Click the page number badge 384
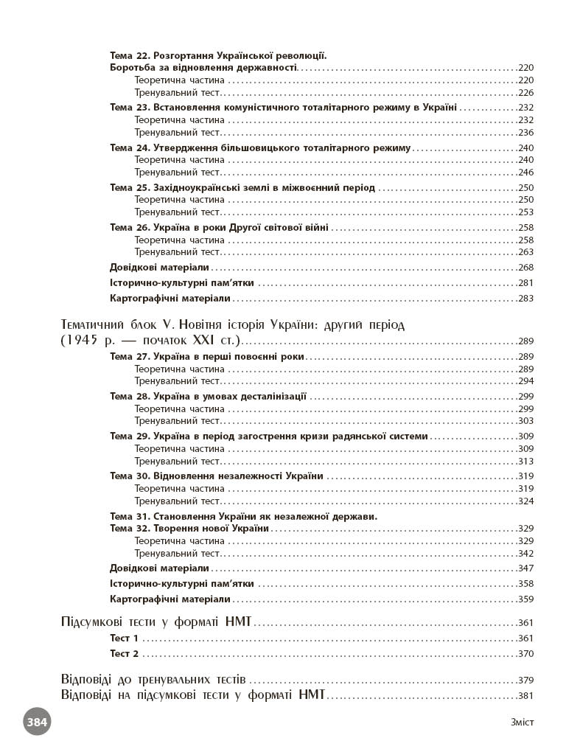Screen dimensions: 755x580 coord(37,722)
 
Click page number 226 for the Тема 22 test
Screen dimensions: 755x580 coord(525,93)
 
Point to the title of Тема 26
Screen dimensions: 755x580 coord(219,227)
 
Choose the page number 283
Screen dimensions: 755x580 coord(525,299)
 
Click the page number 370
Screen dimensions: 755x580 coord(525,654)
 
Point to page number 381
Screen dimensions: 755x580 coord(525,696)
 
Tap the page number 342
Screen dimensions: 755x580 coord(525,554)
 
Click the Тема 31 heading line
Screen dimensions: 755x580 coord(243,516)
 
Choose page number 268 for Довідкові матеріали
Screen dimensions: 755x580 coord(525,268)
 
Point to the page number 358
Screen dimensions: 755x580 coord(525,584)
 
